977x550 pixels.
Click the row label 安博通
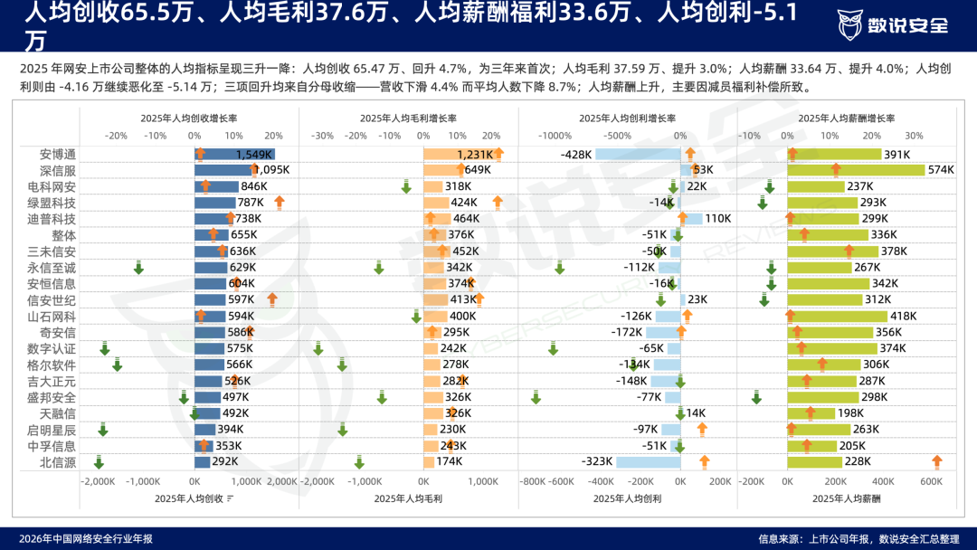(57, 154)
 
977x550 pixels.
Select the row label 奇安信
(57, 332)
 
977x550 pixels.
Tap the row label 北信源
(57, 461)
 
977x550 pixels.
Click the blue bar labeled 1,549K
(234, 154)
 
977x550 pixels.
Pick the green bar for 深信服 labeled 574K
(856, 170)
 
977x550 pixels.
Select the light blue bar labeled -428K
(638, 154)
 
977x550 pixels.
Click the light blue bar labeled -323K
(648, 461)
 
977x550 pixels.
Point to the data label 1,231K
(475, 155)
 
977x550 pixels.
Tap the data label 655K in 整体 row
(243, 235)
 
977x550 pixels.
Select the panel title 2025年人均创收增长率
(189, 119)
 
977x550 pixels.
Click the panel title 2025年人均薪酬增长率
(846, 119)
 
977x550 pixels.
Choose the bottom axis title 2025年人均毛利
(408, 498)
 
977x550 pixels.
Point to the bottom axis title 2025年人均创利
(628, 498)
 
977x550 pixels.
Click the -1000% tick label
(555, 136)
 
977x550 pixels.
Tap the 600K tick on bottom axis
(932, 481)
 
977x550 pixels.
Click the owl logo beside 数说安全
(849, 25)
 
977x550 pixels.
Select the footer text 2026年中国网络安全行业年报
(85, 539)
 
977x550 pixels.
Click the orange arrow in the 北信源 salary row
(936, 461)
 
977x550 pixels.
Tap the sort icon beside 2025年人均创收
(230, 498)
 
